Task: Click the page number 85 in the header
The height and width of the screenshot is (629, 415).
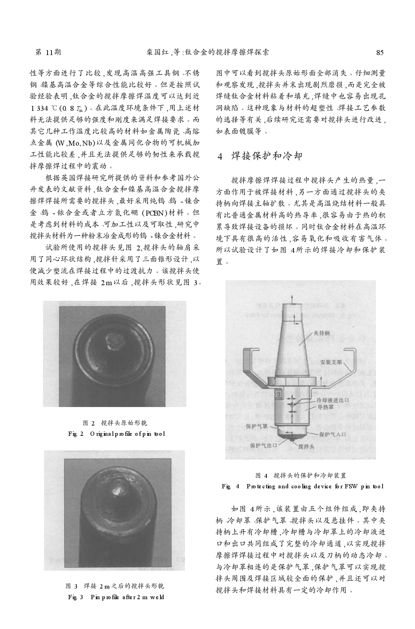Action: (x=380, y=53)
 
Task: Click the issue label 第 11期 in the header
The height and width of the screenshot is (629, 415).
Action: (x=49, y=53)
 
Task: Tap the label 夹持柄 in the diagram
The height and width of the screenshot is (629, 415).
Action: (x=322, y=333)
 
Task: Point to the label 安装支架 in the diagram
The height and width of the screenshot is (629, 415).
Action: (x=331, y=362)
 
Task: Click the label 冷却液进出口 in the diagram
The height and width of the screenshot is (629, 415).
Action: (x=332, y=401)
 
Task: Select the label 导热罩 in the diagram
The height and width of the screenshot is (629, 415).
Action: (x=325, y=407)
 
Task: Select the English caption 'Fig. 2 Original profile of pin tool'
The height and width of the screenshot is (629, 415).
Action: (x=116, y=434)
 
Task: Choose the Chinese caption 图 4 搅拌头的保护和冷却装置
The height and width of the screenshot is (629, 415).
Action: (x=301, y=476)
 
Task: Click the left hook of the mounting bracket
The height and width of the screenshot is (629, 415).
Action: (x=247, y=362)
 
